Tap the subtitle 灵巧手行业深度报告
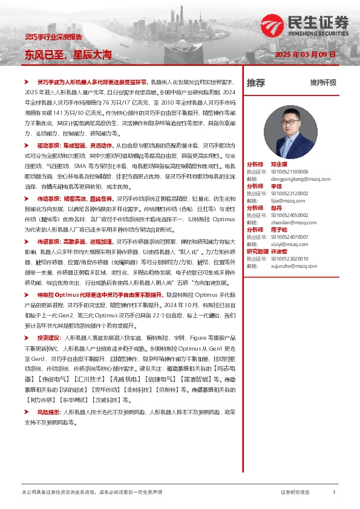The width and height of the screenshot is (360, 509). click(53, 37)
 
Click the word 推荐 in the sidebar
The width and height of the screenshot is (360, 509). click(255, 83)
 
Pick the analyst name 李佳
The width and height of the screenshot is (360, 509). click(277, 186)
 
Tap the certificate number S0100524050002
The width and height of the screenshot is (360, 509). click(290, 215)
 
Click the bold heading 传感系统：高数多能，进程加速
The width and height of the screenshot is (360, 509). click(74, 241)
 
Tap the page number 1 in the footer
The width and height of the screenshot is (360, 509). click(334, 493)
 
